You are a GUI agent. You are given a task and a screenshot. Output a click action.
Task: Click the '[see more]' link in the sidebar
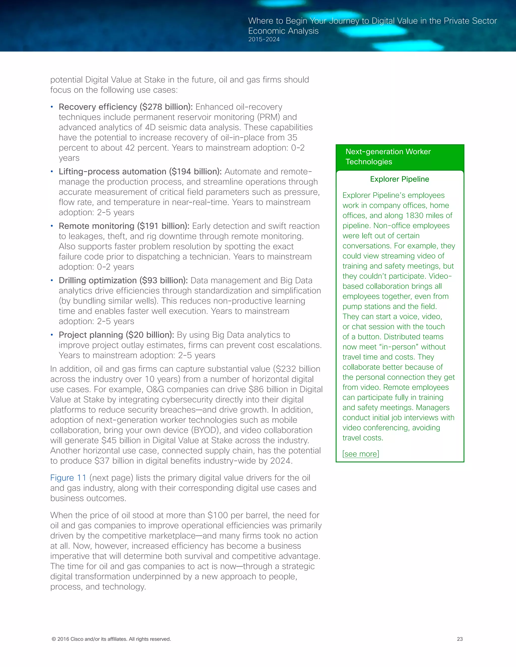360,454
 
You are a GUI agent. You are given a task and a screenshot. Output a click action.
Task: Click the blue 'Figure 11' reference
68,478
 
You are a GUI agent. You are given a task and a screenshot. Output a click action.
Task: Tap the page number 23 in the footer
460,639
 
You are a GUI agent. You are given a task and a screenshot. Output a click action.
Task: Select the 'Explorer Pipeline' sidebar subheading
399,179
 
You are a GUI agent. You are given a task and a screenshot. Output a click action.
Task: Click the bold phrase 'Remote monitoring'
96,226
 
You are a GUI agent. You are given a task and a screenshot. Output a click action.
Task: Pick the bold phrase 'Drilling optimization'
98,280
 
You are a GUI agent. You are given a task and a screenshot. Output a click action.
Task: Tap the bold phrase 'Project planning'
91,335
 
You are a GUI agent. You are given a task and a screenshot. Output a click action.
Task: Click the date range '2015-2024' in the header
264,40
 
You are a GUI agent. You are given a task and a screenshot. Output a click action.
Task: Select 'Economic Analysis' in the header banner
283,31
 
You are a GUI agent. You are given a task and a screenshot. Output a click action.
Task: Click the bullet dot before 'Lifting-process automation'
52,172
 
